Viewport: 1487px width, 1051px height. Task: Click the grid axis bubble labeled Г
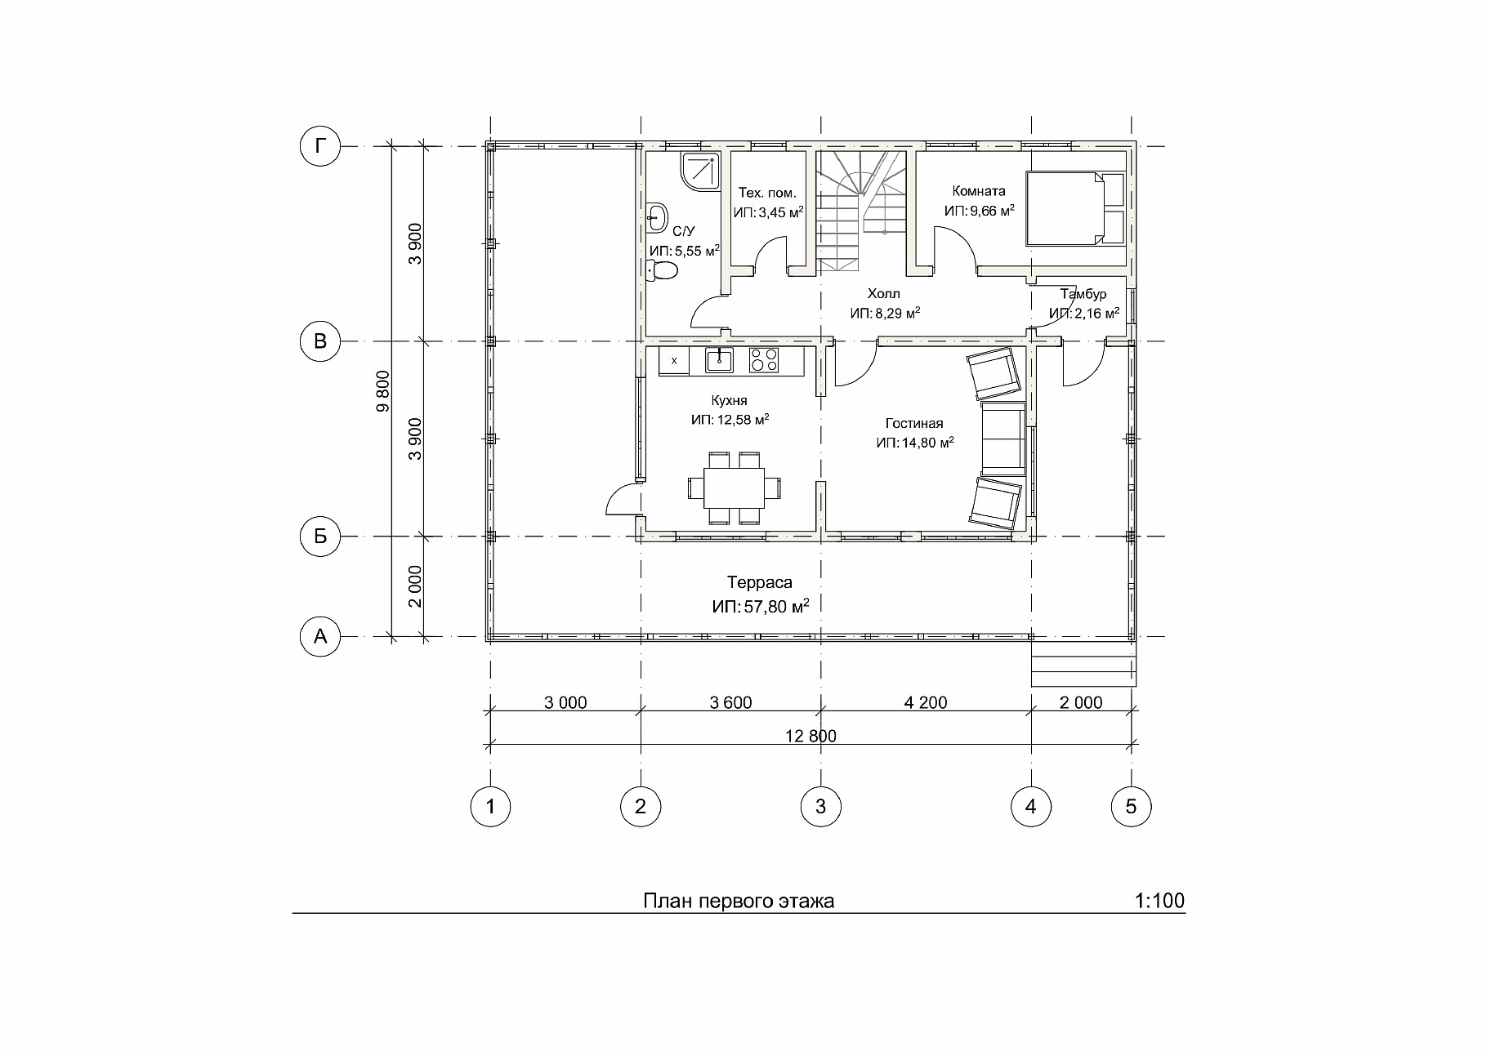click(319, 146)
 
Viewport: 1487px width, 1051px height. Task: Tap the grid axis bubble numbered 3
click(820, 807)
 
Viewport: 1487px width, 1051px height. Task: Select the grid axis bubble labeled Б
click(319, 537)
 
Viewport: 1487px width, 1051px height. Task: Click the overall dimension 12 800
click(810, 736)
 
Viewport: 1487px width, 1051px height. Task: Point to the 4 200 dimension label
click(926, 702)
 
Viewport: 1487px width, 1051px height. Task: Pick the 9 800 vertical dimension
click(384, 391)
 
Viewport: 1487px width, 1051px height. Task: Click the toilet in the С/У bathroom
click(662, 270)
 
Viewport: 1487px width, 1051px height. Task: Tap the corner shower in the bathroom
click(699, 172)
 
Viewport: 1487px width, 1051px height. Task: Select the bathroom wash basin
click(656, 216)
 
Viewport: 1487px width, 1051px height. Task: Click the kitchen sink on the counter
click(719, 359)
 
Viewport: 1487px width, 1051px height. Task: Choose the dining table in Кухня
click(735, 488)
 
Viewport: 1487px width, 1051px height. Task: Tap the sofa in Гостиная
click(1002, 439)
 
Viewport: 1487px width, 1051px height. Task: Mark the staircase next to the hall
click(862, 212)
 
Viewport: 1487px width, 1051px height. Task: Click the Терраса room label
click(760, 582)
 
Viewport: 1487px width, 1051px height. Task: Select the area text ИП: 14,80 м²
click(915, 443)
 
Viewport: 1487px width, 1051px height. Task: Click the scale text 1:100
click(1159, 901)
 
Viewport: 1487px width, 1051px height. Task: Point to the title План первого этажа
click(739, 901)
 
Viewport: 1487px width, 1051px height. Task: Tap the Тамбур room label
click(1083, 294)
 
